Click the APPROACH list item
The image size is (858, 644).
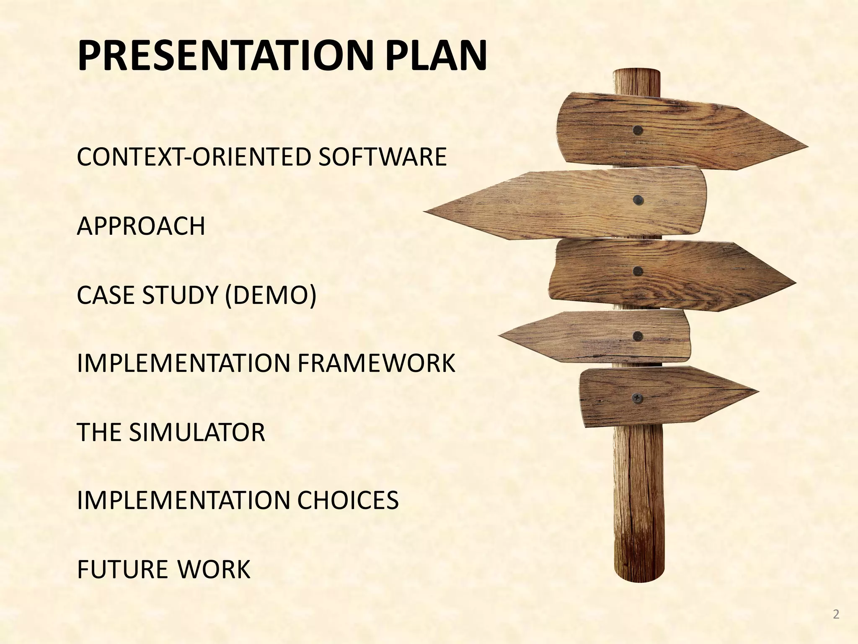pyautogui.click(x=141, y=226)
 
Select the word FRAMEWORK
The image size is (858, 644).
pyautogui.click(x=376, y=363)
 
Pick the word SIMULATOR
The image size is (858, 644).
pyautogui.click(x=197, y=432)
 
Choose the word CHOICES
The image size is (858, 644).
pyautogui.click(x=347, y=500)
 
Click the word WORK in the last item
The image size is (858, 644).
pyautogui.click(x=214, y=569)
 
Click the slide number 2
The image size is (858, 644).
pyautogui.click(x=836, y=615)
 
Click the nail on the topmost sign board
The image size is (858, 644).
pyautogui.click(x=638, y=130)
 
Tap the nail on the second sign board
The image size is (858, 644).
pyautogui.click(x=638, y=200)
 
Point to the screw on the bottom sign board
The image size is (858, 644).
pyautogui.click(x=637, y=397)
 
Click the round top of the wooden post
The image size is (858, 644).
pyautogui.click(x=636, y=72)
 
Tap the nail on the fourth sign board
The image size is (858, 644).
pyautogui.click(x=638, y=335)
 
